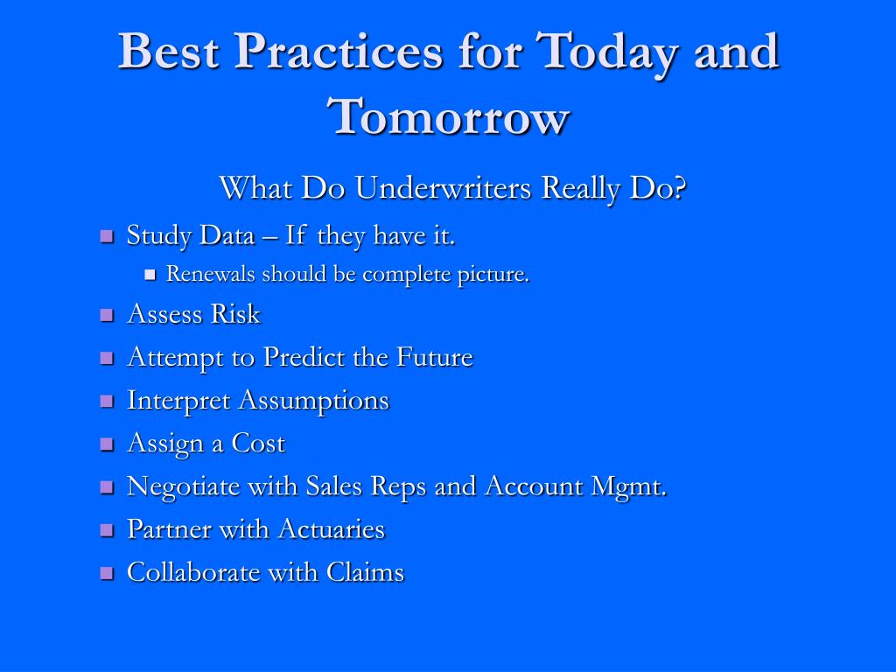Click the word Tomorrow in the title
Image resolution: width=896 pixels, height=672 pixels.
pos(449,116)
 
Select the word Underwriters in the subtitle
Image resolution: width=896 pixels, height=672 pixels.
pos(443,187)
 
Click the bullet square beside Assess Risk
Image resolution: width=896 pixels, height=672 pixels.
pos(107,315)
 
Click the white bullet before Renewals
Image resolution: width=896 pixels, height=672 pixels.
pos(150,275)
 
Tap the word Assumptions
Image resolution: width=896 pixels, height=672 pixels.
pos(314,401)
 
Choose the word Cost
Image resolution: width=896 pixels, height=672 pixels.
pos(258,444)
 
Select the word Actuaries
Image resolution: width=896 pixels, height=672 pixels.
pos(332,529)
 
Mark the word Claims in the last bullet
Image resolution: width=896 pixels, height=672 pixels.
pos(365,572)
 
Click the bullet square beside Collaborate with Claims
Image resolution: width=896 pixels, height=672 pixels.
pos(107,573)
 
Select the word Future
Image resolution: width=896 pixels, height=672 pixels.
pos(435,357)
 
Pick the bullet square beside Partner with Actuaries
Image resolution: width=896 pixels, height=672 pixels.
pos(107,529)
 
